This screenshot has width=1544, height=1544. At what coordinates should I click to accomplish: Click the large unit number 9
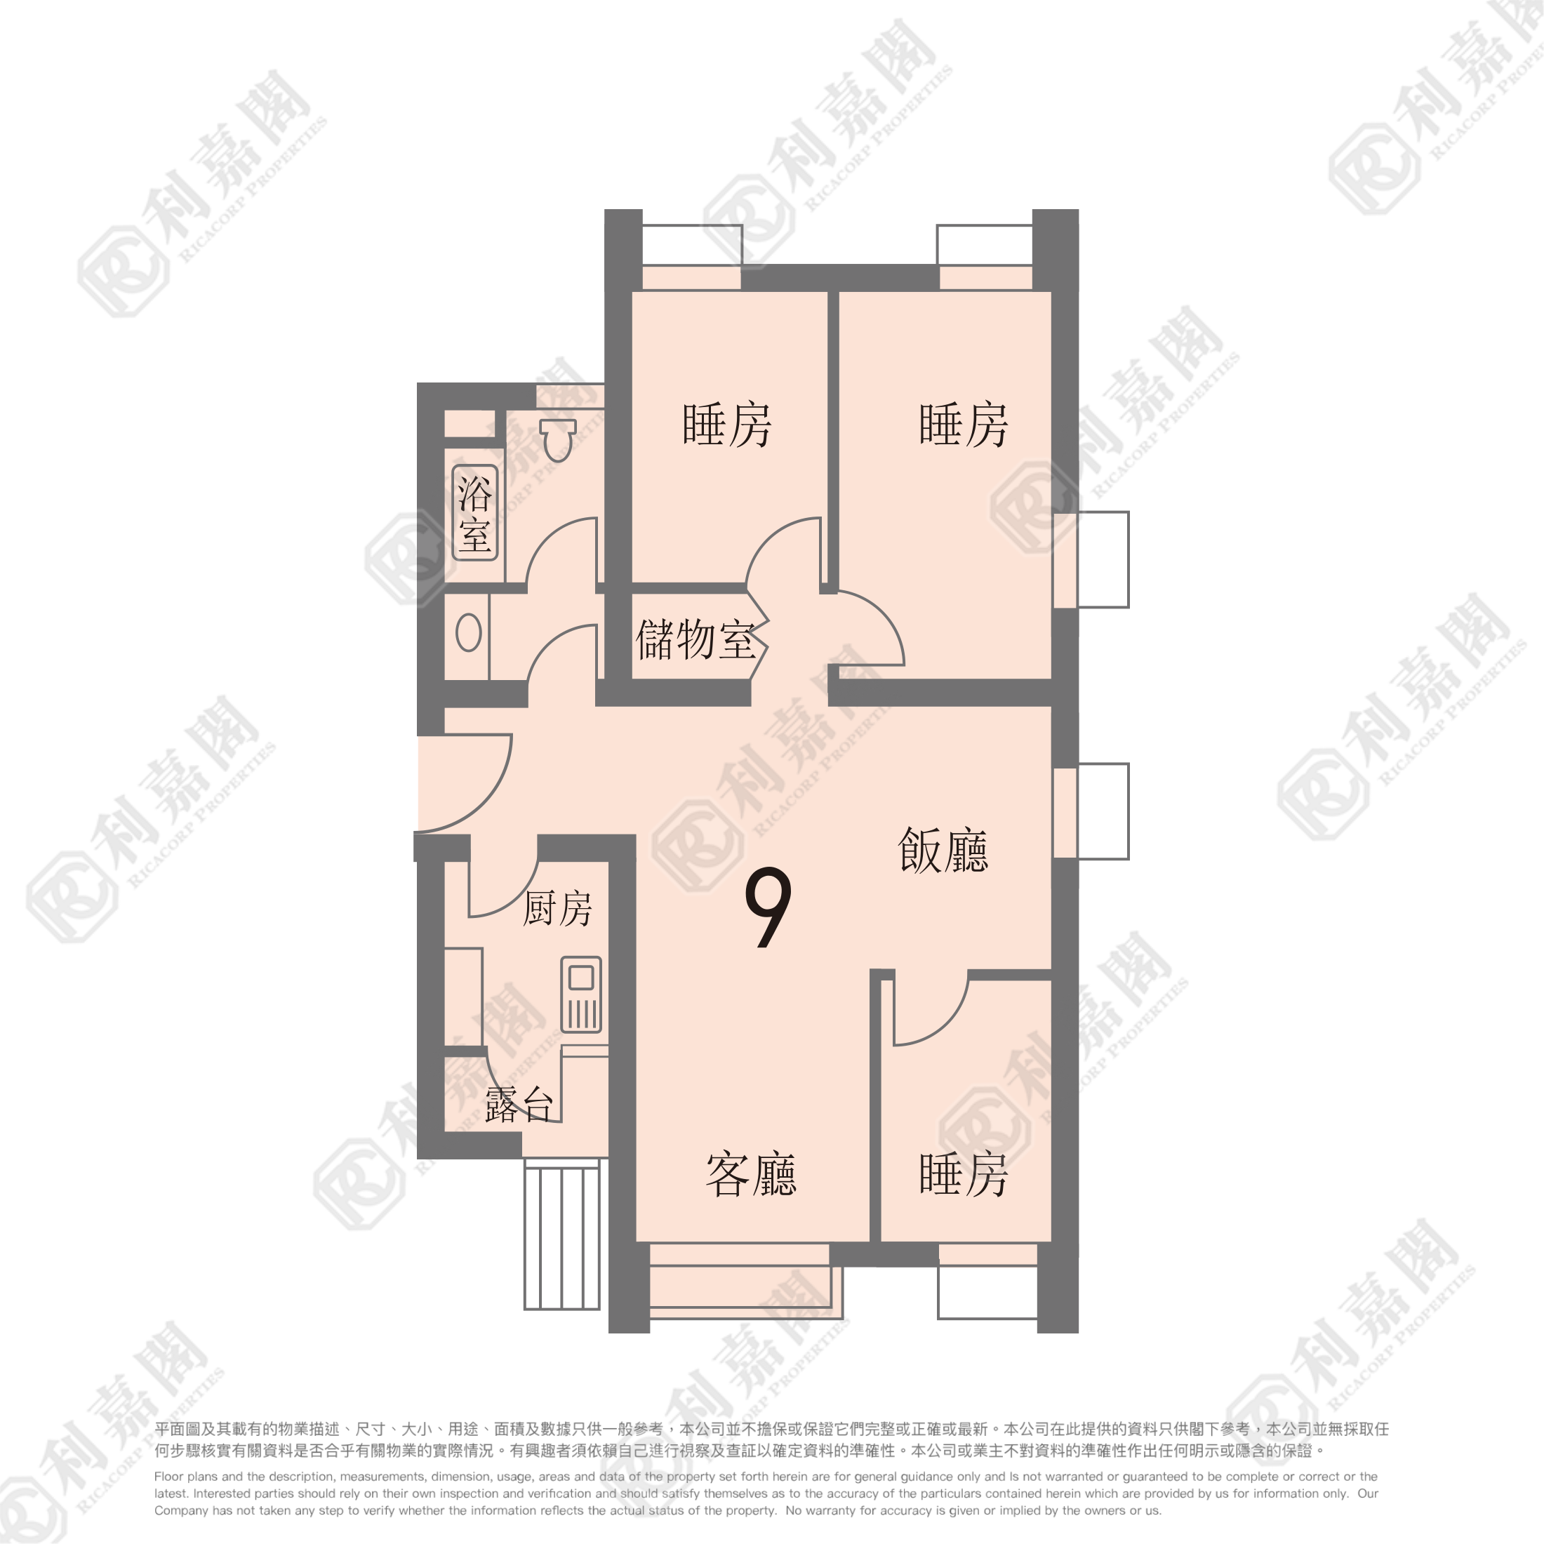767,908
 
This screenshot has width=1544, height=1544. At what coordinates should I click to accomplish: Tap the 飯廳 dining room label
943,851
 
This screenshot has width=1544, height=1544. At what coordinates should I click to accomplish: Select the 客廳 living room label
751,1174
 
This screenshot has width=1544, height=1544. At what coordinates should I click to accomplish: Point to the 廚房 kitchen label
557,909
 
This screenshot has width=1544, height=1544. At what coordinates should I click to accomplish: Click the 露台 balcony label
519,1105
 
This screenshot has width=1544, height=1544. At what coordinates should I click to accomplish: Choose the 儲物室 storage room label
696,640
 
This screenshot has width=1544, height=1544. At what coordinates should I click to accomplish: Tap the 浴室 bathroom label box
476,512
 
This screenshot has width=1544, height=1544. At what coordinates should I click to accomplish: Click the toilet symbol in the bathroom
558,439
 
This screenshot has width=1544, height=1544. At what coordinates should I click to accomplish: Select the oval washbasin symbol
468,633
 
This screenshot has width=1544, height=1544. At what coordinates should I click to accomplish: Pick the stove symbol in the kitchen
581,995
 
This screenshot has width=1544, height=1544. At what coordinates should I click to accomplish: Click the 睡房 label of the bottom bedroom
964,1174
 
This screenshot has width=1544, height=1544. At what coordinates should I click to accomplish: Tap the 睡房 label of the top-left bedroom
726,425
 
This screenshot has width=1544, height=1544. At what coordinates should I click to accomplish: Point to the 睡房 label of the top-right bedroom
964,425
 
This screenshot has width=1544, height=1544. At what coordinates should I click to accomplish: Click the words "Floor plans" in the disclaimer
185,1477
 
